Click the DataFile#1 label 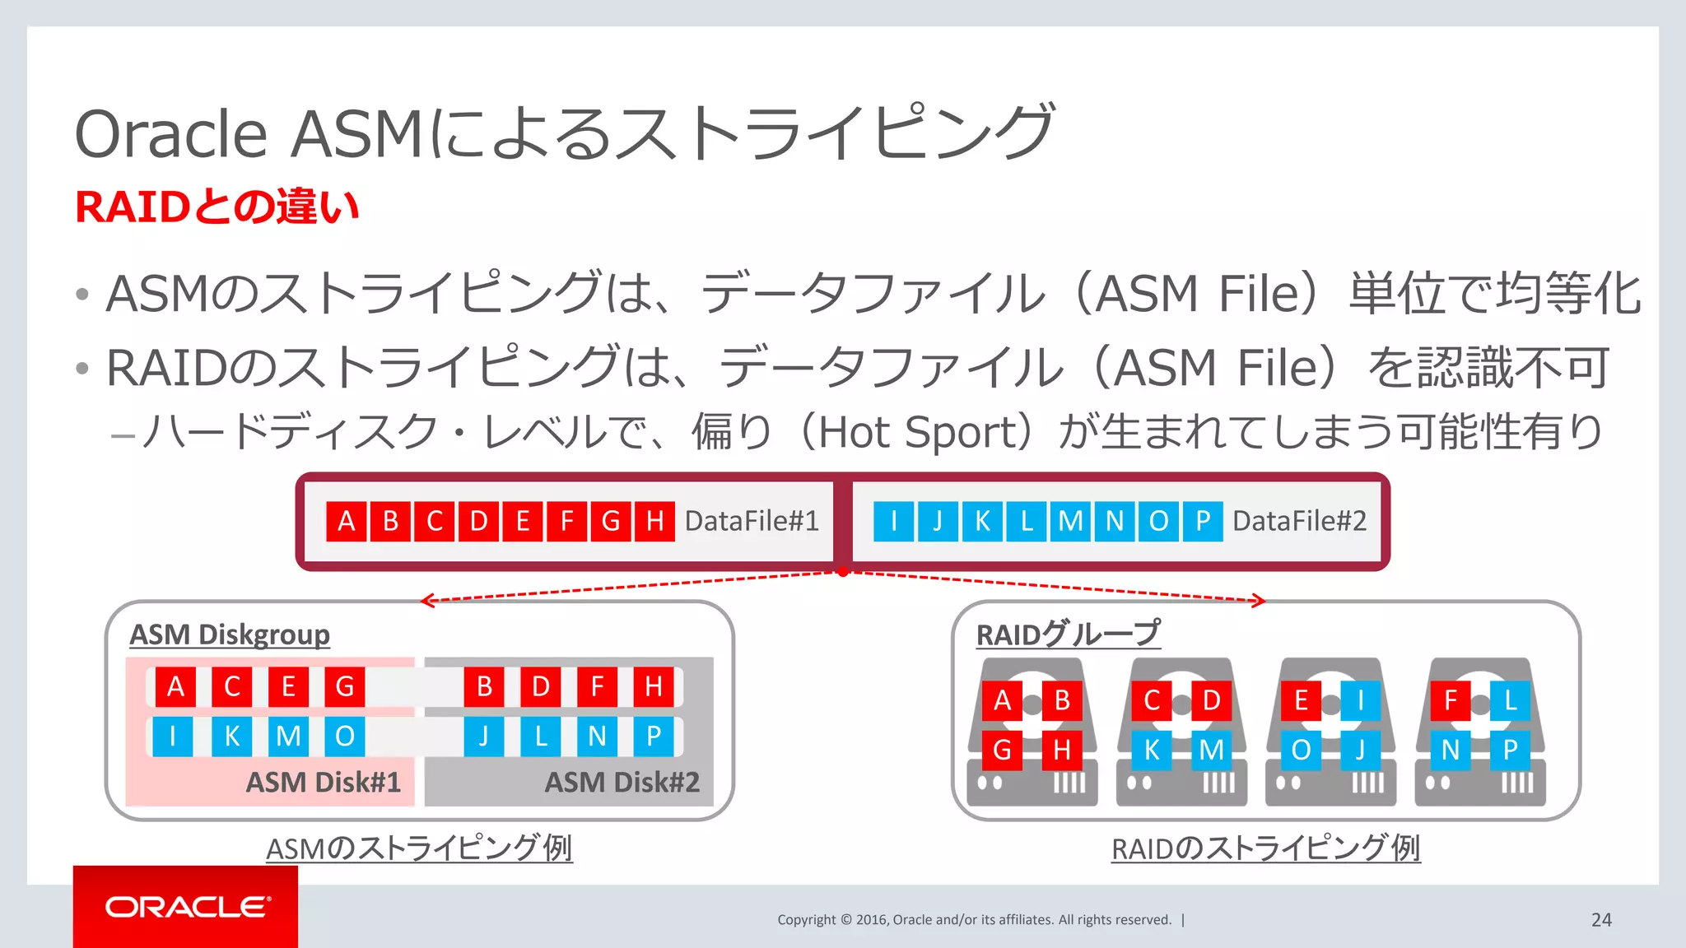752,521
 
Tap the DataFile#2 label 1299,521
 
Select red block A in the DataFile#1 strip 347,521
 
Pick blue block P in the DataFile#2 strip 1203,521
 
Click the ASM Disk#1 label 324,782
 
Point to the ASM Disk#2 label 622,782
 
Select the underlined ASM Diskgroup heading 230,634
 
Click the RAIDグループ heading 1068,634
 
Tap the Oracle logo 186,907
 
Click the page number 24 1601,920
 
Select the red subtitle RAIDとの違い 217,207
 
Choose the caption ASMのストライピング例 419,848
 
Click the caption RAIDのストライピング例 1265,848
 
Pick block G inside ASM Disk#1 344,686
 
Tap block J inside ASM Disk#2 484,736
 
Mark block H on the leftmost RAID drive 1062,750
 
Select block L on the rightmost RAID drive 1510,700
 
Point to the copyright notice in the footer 974,920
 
